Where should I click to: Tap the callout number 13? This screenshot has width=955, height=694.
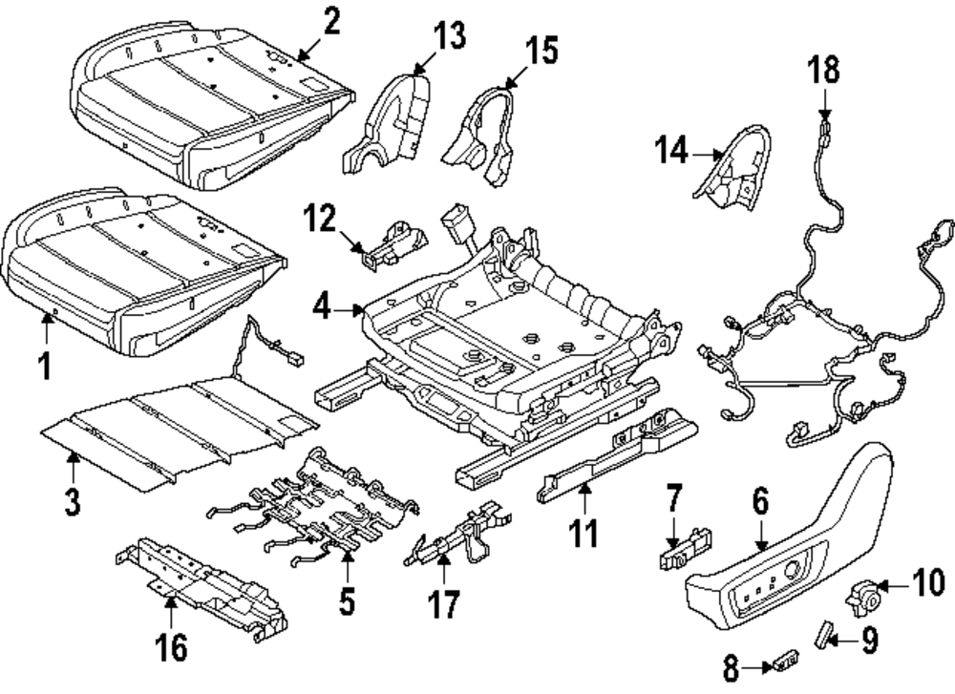pyautogui.click(x=450, y=34)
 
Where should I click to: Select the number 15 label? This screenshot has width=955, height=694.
pyautogui.click(x=541, y=50)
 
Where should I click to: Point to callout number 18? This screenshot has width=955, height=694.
pyautogui.click(x=824, y=69)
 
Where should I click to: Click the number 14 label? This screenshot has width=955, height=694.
pyautogui.click(x=671, y=150)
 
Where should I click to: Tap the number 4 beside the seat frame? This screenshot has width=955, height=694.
pyautogui.click(x=322, y=308)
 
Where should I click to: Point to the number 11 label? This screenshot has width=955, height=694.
pyautogui.click(x=583, y=534)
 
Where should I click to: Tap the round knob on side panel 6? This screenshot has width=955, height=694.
pyautogui.click(x=792, y=570)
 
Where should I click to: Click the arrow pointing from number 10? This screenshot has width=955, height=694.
pyautogui.click(x=894, y=587)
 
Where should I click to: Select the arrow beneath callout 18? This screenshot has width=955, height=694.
pyautogui.click(x=825, y=102)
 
